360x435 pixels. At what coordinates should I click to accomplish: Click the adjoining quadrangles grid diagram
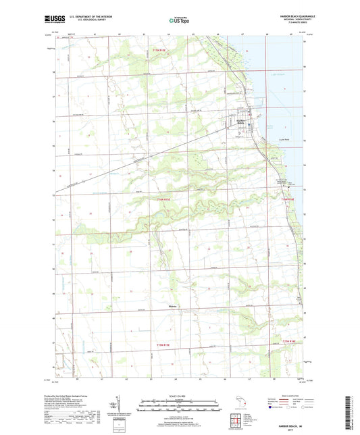coord(240,417)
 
